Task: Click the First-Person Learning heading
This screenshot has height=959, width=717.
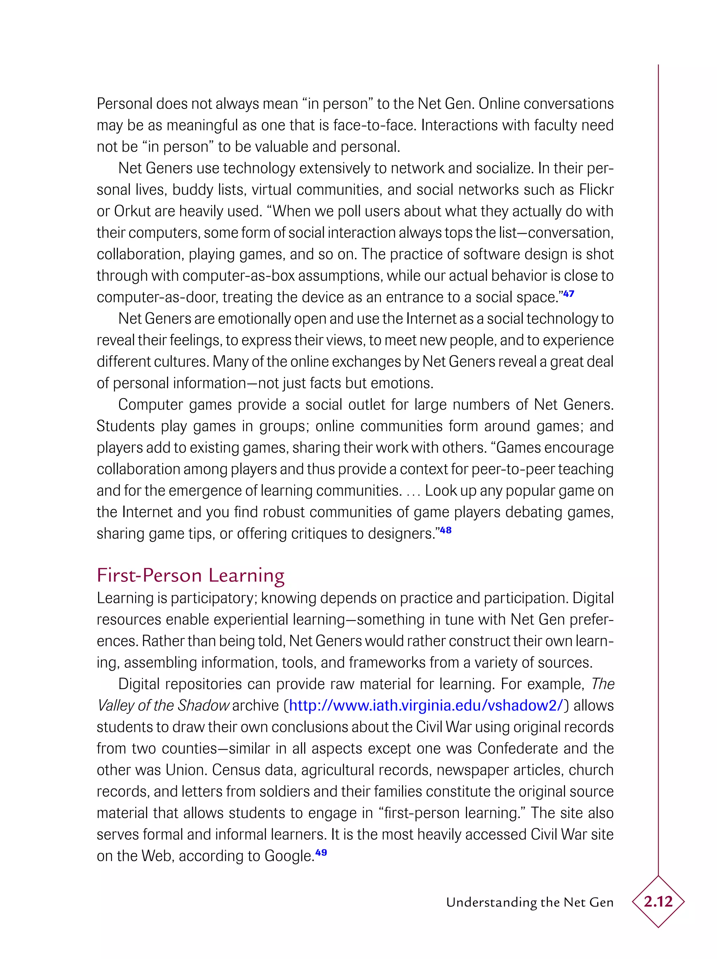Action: pyautogui.click(x=191, y=576)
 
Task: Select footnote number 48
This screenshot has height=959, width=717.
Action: pyautogui.click(x=446, y=530)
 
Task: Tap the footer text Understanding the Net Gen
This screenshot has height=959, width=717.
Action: pyautogui.click(x=530, y=902)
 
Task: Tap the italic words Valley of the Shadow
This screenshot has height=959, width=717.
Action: pyautogui.click(x=163, y=706)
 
